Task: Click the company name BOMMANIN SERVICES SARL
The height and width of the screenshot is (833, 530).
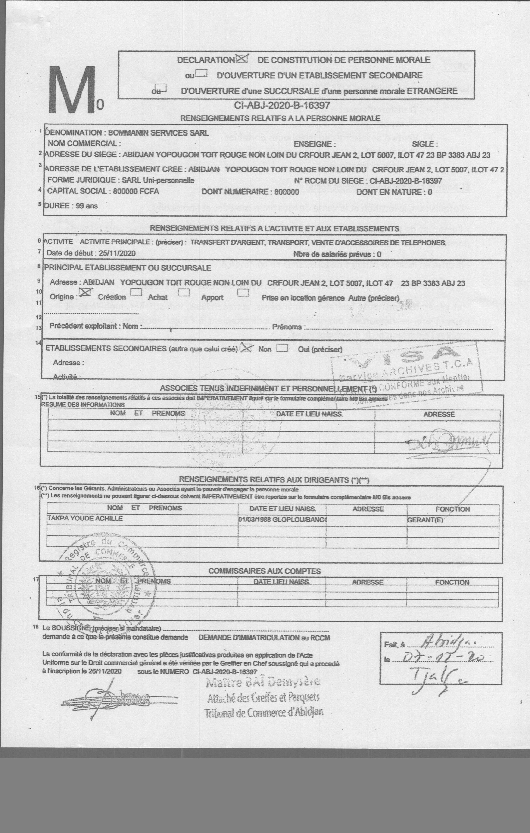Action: click(x=158, y=133)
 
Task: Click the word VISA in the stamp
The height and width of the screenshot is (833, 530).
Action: click(x=404, y=357)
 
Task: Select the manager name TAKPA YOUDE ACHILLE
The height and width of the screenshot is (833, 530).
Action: click(x=85, y=518)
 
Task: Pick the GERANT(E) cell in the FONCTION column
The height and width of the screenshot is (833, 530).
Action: click(x=425, y=520)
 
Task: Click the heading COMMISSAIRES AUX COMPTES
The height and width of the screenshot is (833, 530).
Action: click(x=264, y=571)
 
